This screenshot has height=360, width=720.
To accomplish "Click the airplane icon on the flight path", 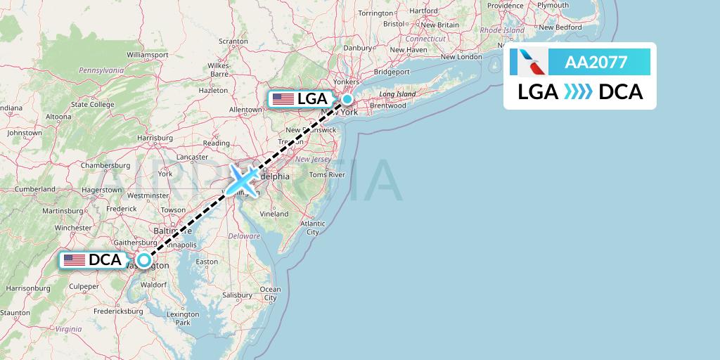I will (243, 180).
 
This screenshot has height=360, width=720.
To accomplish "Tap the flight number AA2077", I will (596, 62).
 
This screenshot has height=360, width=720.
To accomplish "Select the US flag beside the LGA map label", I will (283, 99).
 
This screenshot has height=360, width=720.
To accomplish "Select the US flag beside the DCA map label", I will (74, 260).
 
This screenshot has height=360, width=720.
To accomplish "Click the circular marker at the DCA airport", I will (144, 260).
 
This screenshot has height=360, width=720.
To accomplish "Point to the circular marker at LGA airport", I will (347, 99).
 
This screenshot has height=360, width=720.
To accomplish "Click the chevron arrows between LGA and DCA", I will (579, 92).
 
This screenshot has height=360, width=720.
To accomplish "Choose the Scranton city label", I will (233, 41).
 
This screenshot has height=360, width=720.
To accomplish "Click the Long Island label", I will (397, 94).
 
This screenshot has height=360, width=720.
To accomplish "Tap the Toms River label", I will (328, 174).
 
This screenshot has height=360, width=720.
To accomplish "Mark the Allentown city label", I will (245, 110).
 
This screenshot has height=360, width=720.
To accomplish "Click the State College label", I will (92, 105).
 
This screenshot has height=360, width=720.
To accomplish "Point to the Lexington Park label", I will (183, 319).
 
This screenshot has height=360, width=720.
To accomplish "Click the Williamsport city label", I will (148, 54).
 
